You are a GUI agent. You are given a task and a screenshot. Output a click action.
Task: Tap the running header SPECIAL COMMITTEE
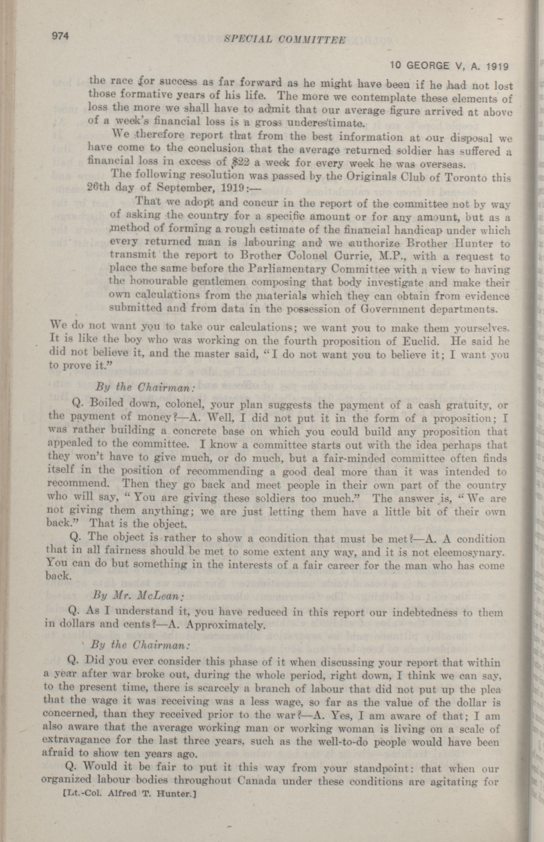(x=285, y=40)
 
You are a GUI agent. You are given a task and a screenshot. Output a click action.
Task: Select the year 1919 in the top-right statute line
(x=496, y=66)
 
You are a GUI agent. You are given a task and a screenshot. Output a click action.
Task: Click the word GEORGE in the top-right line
(x=429, y=66)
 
